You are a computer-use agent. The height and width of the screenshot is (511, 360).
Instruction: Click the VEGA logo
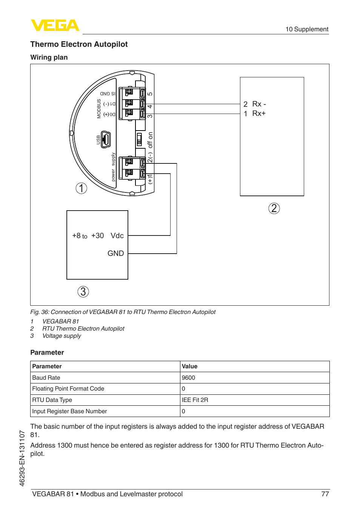click(x=55, y=25)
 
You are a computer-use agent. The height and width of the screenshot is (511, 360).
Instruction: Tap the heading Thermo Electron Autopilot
click(x=79, y=44)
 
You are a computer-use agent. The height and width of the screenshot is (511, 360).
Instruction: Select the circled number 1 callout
click(x=81, y=188)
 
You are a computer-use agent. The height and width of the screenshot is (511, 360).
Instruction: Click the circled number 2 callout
click(x=274, y=208)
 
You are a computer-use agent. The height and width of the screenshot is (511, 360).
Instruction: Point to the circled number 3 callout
click(x=83, y=291)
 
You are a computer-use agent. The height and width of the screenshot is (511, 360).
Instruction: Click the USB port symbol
click(x=106, y=140)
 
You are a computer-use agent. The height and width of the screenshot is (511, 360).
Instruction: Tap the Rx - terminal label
click(x=259, y=104)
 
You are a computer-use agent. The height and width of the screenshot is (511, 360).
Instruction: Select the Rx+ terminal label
click(x=259, y=113)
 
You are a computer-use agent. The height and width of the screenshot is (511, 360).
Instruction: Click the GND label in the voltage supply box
click(x=115, y=253)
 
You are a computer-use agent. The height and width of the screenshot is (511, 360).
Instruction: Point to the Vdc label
click(x=117, y=235)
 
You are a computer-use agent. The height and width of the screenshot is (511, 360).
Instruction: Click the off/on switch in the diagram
click(x=139, y=140)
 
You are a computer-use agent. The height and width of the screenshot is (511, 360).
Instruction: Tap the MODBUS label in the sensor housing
click(x=99, y=109)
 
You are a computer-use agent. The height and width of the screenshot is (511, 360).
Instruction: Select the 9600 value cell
click(x=188, y=378)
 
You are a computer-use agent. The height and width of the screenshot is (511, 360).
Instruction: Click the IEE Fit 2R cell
click(x=195, y=400)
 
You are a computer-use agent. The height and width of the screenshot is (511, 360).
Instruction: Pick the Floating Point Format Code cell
click(x=68, y=389)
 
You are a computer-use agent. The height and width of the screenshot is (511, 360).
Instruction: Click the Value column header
click(x=189, y=366)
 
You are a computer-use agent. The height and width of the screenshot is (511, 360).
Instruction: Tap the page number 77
click(x=325, y=494)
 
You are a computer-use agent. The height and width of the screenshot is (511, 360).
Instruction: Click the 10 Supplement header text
click(x=307, y=29)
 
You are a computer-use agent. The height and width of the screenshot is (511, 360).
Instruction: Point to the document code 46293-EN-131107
click(x=22, y=458)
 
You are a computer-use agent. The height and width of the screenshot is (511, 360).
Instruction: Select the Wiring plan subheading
click(x=49, y=57)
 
